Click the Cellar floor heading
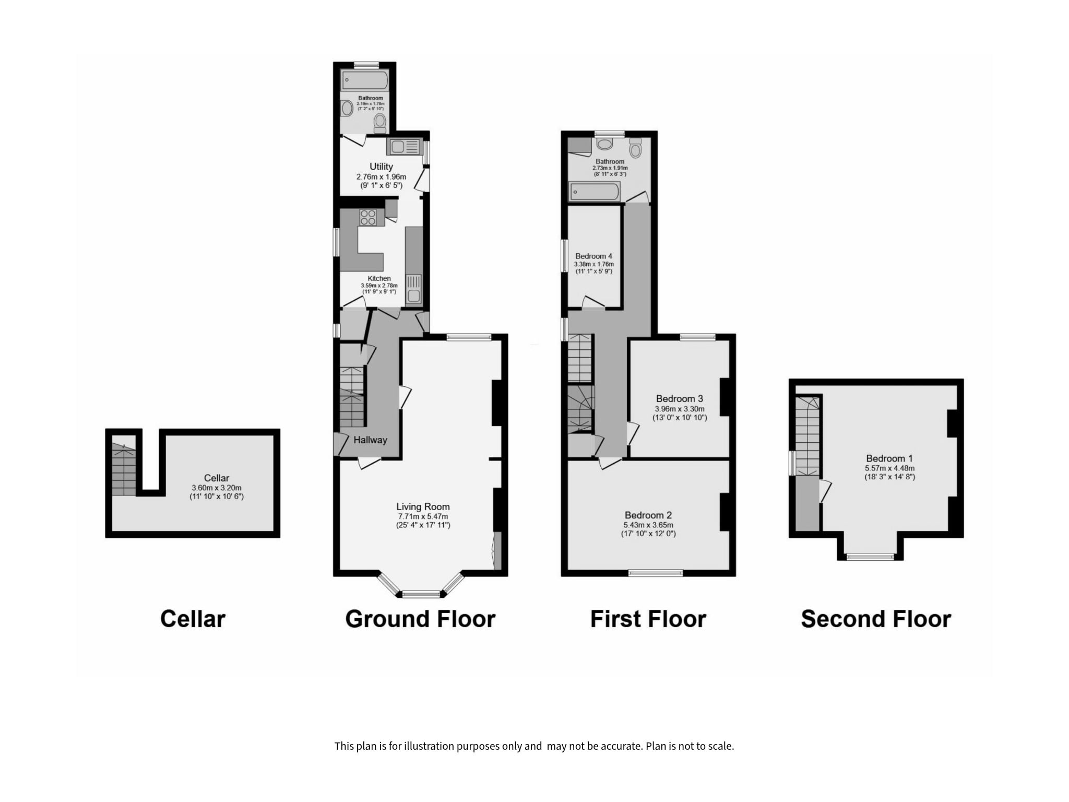(193, 619)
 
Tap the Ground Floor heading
(420, 619)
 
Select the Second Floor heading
(876, 619)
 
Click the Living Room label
(423, 506)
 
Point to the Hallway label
(370, 440)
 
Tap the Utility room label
(381, 167)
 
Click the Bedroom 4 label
(594, 256)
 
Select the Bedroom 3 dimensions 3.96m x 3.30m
(680, 409)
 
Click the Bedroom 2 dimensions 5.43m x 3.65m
(648, 525)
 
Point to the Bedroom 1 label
(889, 459)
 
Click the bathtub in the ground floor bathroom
(365, 80)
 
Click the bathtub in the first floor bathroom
(595, 192)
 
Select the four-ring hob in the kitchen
(368, 217)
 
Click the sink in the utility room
(403, 147)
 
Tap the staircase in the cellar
(124, 469)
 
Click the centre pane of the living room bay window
(421, 594)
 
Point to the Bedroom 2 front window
(656, 573)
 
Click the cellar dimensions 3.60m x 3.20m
(217, 488)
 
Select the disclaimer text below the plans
(534, 746)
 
